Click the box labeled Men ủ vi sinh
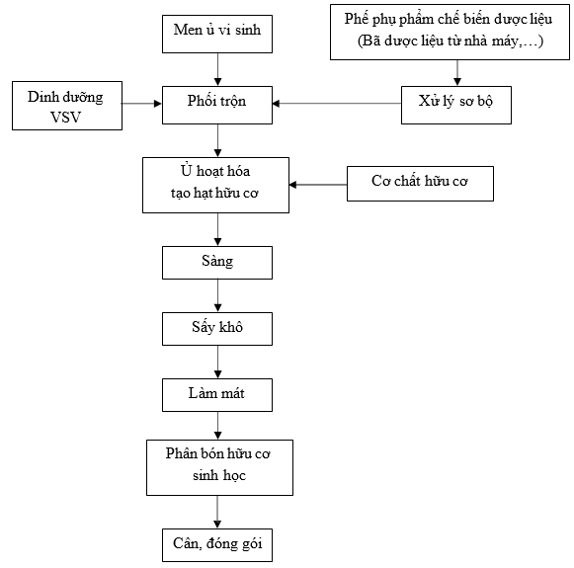[x=217, y=34]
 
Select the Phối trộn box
[x=217, y=105]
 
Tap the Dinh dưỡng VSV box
[x=67, y=106]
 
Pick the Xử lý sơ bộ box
[x=456, y=105]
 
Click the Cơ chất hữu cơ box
[x=420, y=184]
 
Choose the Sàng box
[x=217, y=263]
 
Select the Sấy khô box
[x=217, y=329]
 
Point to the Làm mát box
[x=217, y=395]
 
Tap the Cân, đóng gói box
[x=217, y=545]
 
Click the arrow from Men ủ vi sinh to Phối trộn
[x=217, y=69]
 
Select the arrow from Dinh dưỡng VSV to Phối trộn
[x=142, y=104]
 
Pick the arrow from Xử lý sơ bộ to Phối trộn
[x=337, y=104]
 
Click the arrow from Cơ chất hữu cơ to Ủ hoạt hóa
[x=318, y=185]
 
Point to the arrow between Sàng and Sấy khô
[x=217, y=295]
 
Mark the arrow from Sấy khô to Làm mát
[x=217, y=362]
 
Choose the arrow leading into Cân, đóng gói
[x=217, y=512]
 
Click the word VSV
[x=65, y=118]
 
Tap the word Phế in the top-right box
[x=357, y=19]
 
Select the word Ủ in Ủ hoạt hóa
[x=186, y=170]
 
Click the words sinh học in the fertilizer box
[x=219, y=475]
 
